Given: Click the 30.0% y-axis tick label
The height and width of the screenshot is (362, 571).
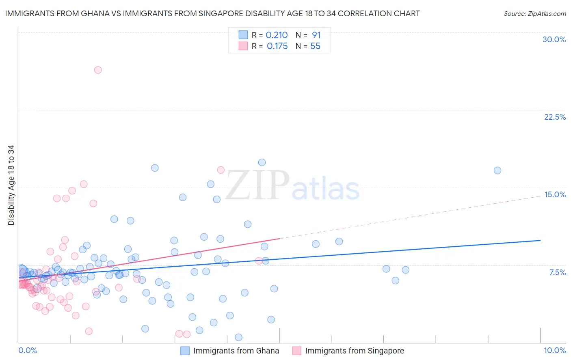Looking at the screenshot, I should coord(554,39).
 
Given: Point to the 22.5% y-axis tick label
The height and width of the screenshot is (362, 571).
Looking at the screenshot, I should coord(555,117).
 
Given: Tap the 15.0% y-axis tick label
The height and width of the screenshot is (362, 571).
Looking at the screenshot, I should coord(555,194).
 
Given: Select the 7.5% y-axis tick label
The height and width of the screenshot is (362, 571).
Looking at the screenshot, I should coord(557,272).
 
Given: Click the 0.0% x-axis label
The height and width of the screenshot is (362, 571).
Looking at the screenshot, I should coord(28,350).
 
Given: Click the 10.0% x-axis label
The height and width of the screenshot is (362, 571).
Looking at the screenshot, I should coord(554,350).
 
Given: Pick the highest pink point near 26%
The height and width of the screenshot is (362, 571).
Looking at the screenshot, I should coord(97,70).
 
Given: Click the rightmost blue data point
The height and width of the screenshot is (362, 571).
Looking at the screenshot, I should coord(497,170).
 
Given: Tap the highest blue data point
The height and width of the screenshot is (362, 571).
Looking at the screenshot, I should coord(262,162).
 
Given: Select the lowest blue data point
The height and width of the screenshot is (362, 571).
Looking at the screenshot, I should coord(238,337).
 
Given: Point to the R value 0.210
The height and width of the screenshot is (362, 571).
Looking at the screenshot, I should coord(277,35).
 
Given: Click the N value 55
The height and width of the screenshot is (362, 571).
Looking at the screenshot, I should coord(315,46).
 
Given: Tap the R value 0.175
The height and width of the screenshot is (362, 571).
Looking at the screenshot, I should coord(277,46).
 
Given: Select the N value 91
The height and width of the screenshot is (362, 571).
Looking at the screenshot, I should coord(316,35).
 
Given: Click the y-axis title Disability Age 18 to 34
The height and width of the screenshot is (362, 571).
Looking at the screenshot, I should coord(11,185).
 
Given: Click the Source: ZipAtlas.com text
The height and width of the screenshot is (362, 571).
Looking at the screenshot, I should coord(534,14).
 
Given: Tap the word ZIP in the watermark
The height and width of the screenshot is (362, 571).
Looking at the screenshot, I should coord(257,185).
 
